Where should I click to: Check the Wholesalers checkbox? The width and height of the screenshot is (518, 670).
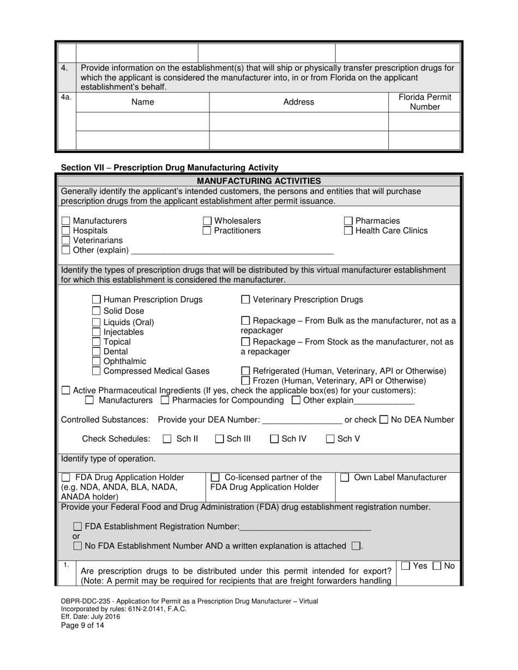coord(207,221)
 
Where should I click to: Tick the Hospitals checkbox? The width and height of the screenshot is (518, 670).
coord(66,231)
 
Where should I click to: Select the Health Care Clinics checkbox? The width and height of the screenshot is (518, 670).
coord(348,231)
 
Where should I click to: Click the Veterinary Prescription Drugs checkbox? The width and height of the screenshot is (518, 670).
coord(245,300)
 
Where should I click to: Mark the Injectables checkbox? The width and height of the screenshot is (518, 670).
coord(96,332)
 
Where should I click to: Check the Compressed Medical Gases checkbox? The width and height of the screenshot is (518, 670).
coord(96,371)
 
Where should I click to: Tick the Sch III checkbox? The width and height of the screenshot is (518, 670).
coord(219,439)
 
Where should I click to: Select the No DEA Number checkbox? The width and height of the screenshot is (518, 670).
coord(383,420)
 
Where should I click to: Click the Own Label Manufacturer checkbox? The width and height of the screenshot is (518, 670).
coord(345,478)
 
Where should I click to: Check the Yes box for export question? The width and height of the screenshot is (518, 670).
coord(406,566)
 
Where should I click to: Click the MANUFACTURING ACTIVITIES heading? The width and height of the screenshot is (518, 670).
coord(258,181)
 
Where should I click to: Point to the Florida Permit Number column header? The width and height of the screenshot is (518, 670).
coord(424,102)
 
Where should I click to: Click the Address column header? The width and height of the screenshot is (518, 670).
coord(298,102)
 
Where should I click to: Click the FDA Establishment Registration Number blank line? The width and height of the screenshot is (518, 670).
coord(305,527)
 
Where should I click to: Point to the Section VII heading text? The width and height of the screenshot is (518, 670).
coord(169,168)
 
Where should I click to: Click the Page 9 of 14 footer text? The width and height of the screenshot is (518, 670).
coord(82,625)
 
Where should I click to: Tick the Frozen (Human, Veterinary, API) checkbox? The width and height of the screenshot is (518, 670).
coord(245,381)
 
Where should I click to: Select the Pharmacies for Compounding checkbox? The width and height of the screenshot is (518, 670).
coord(165,401)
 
